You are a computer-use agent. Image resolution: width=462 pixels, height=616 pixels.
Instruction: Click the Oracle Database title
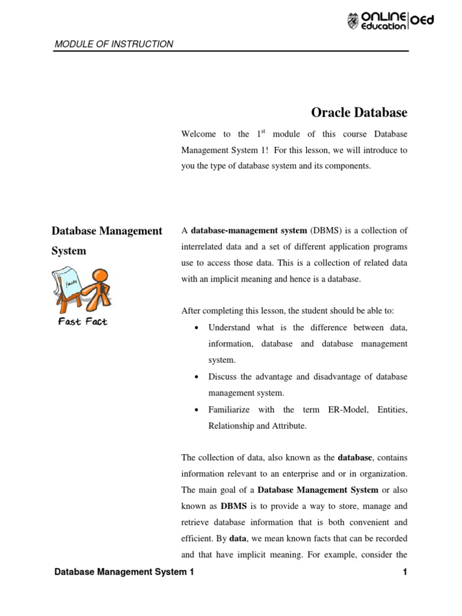click(359, 112)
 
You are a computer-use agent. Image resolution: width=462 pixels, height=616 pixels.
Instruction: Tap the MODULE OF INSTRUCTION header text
click(114, 44)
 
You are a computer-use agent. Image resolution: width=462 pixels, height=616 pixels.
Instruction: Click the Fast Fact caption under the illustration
click(82, 322)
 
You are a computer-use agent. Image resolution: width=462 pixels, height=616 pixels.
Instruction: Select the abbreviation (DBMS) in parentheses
click(325, 230)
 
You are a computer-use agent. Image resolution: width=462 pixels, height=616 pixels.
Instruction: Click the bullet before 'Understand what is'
click(197, 328)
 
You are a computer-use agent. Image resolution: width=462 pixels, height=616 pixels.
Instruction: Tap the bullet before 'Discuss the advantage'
click(197, 377)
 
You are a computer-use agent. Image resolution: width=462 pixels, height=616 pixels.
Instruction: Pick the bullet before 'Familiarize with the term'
click(197, 410)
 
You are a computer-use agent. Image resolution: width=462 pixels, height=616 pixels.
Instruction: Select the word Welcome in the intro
click(197, 134)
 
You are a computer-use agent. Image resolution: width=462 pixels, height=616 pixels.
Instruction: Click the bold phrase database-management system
click(249, 230)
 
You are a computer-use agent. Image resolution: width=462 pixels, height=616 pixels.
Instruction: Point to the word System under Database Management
click(69, 251)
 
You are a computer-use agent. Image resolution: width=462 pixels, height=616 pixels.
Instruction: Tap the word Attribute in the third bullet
click(286, 426)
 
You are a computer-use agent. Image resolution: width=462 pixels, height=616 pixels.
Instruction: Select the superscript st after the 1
click(263, 131)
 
